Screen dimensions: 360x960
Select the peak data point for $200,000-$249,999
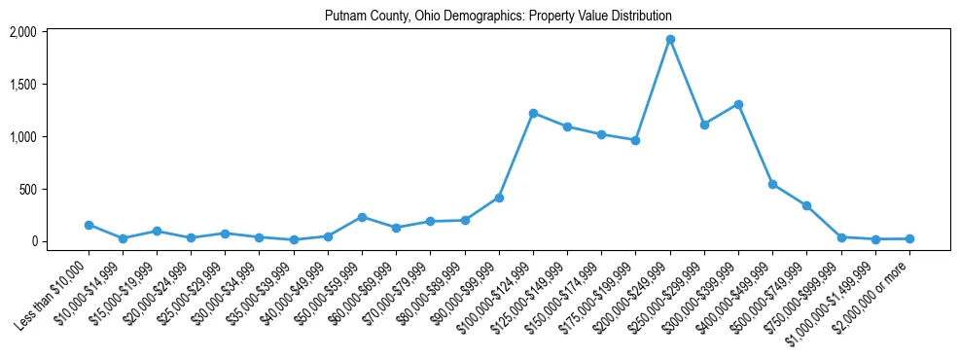click(x=670, y=40)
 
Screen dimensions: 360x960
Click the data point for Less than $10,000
click(x=89, y=225)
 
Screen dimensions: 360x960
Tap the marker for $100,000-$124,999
click(x=533, y=114)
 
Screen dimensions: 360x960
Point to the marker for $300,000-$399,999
click(x=738, y=104)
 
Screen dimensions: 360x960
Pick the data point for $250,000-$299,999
click(x=704, y=125)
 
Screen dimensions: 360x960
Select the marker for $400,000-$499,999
click(x=772, y=184)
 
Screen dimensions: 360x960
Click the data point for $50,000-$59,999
click(x=362, y=217)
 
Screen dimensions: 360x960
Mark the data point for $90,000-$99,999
click(x=499, y=198)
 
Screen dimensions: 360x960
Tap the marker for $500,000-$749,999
click(x=806, y=205)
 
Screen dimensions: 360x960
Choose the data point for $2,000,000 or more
click(x=909, y=238)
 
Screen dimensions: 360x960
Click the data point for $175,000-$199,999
click(x=635, y=140)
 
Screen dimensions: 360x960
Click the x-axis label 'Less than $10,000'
click(x=56, y=286)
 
